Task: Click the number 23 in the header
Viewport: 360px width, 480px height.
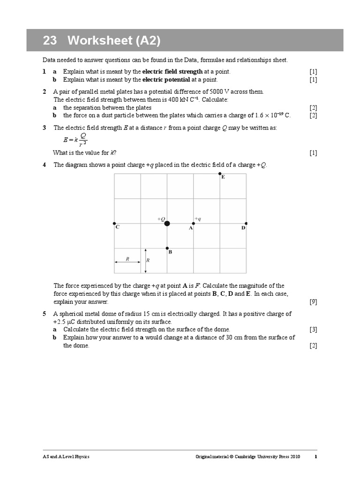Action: [x=50, y=41]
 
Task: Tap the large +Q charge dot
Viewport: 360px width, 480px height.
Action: [x=167, y=224]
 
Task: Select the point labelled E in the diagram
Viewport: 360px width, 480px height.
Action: [x=220, y=174]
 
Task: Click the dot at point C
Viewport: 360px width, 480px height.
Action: [x=114, y=224]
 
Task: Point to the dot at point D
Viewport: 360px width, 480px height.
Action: [x=246, y=224]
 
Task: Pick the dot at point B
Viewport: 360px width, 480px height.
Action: [x=167, y=248]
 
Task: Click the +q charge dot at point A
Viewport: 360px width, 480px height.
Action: [x=194, y=224]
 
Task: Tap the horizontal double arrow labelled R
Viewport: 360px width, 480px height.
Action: [x=127, y=262]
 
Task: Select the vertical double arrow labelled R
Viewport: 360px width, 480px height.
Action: [x=146, y=261]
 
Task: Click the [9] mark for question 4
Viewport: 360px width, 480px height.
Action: [x=313, y=302]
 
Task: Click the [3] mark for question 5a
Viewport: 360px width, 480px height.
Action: [x=313, y=330]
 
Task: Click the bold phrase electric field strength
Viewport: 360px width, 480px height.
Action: [x=172, y=72]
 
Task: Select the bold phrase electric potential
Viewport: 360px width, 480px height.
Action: [x=166, y=80]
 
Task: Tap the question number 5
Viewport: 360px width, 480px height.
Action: [x=44, y=314]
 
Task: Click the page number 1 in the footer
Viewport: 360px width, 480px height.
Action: [x=315, y=457]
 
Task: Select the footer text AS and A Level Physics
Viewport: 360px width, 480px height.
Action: [x=66, y=457]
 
